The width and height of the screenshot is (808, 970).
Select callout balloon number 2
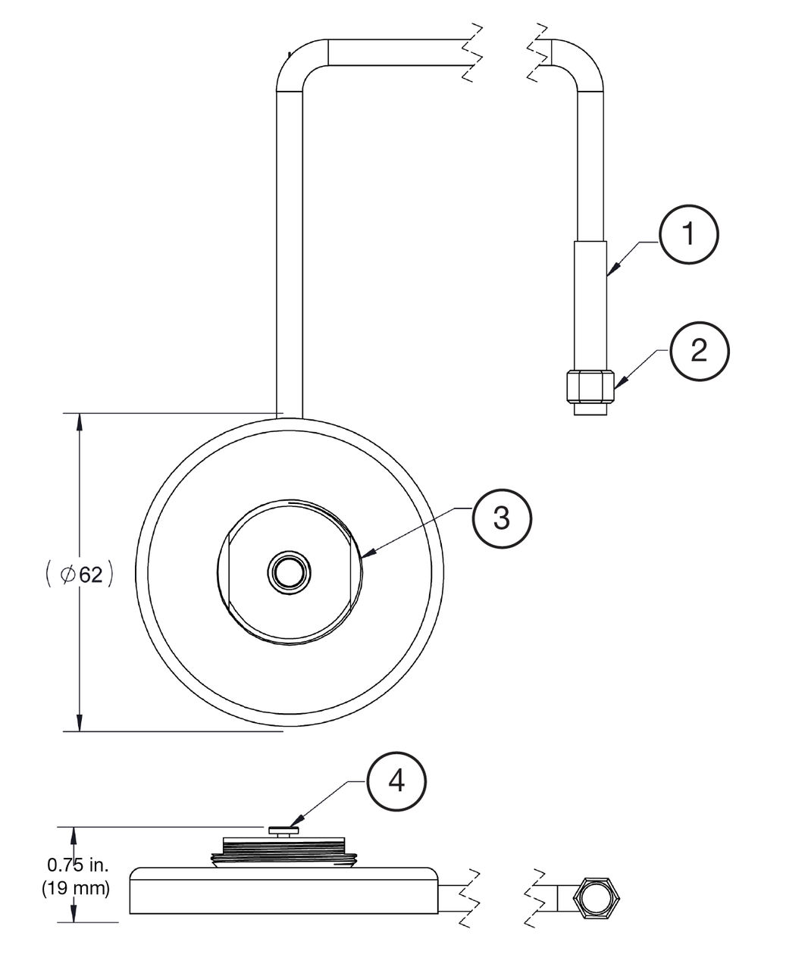(x=698, y=350)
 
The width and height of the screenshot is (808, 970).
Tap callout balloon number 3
(x=502, y=518)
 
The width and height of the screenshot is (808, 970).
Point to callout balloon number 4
(x=396, y=782)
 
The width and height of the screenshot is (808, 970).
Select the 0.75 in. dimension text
(x=77, y=865)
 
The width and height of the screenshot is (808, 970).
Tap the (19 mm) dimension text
(x=76, y=887)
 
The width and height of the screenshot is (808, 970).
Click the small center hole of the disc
(x=289, y=573)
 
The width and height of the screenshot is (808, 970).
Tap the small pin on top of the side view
(x=283, y=830)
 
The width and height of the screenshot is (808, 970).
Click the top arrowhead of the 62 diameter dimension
(x=80, y=421)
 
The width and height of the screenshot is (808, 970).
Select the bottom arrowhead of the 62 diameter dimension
(x=80, y=723)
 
